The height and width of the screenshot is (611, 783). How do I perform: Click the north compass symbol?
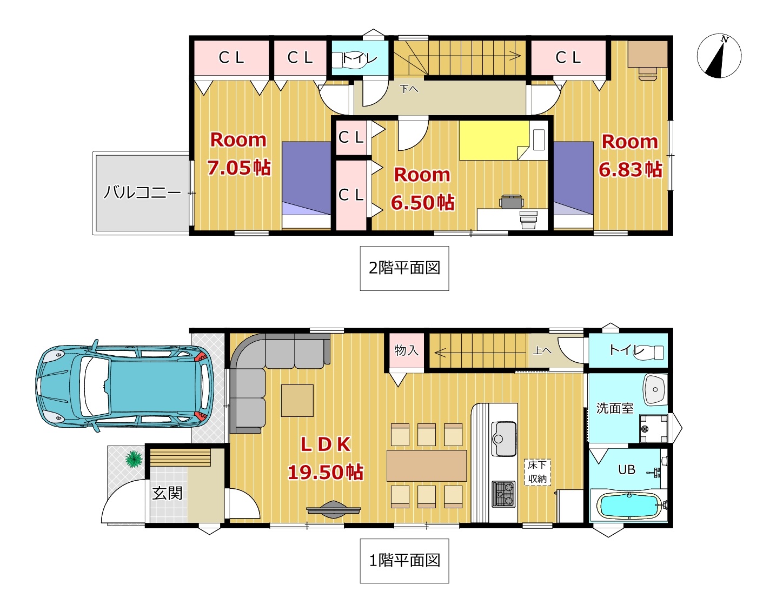click(719, 56)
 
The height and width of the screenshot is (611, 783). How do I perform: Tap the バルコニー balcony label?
click(142, 192)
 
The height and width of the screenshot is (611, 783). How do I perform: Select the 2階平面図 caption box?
click(404, 268)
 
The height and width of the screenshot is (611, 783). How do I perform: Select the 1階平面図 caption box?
click(404, 561)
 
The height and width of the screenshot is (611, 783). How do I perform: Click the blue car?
click(125, 386)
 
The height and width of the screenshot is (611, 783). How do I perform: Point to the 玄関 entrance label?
click(167, 493)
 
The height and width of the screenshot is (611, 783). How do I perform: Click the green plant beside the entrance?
click(134, 459)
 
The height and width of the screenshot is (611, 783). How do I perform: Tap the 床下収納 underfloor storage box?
click(538, 472)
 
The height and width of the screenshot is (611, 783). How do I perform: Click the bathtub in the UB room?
click(629, 506)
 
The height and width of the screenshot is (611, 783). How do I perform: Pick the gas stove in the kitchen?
click(503, 494)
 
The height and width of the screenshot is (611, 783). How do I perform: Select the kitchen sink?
click(504, 439)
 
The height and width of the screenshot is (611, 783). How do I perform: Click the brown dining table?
click(427, 466)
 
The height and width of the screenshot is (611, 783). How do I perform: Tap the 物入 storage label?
click(407, 350)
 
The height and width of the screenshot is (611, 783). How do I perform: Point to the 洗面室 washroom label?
click(615, 408)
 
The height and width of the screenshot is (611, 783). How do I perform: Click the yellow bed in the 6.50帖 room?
click(494, 140)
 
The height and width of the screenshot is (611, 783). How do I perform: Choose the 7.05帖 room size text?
click(238, 168)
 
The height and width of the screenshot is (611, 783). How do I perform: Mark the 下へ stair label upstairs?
click(409, 88)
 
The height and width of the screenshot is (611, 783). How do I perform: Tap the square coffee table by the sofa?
click(297, 401)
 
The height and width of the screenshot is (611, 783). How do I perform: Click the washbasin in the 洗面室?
click(655, 390)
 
